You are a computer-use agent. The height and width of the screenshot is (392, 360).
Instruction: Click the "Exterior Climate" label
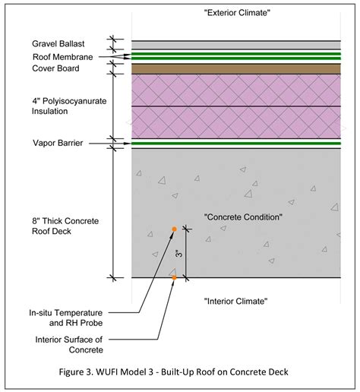pyautogui.click(x=237, y=13)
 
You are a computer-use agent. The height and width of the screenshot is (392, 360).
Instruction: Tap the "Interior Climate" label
pyautogui.click(x=235, y=301)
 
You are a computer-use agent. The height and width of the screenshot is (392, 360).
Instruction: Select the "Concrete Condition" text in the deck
pyautogui.click(x=243, y=217)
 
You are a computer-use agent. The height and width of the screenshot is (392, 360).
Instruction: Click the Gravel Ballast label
pyautogui.click(x=58, y=44)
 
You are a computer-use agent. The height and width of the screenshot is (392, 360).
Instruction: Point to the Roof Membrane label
pyautogui.click(x=63, y=57)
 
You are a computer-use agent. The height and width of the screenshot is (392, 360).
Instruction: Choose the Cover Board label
pyautogui.click(x=55, y=68)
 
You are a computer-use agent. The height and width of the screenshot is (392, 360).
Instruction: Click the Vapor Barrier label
pyautogui.click(x=58, y=143)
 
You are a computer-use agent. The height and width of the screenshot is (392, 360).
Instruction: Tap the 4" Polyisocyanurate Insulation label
pyautogui.click(x=69, y=106)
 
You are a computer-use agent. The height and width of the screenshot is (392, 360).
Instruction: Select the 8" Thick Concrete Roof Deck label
pyautogui.click(x=65, y=226)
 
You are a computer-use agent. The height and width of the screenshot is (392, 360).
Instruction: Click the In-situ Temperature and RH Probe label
pyautogui.click(x=66, y=318)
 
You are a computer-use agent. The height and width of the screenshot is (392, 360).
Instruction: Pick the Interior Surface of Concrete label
pyautogui.click(x=69, y=345)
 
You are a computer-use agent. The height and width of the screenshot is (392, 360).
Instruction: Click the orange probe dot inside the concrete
pyautogui.click(x=174, y=229)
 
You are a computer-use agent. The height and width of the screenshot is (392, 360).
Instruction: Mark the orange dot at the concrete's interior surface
pyautogui.click(x=174, y=278)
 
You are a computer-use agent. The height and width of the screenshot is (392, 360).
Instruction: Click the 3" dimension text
pyautogui.click(x=178, y=254)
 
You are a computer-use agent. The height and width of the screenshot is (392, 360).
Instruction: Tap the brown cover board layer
pyautogui.click(x=236, y=69)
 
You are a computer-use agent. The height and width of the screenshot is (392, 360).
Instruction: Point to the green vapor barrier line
pyautogui.click(x=236, y=144)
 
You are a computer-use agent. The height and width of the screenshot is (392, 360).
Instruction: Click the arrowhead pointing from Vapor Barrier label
pyautogui.click(x=128, y=144)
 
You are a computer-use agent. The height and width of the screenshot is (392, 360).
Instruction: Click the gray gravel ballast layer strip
pyautogui.click(x=236, y=46)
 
